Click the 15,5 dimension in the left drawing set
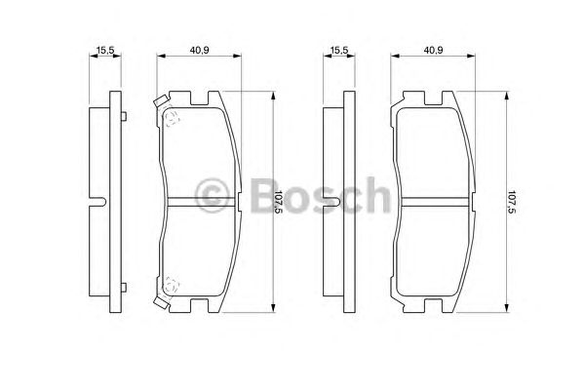click(x=101, y=46)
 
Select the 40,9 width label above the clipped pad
click(x=197, y=46)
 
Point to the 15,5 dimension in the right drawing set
click(x=339, y=46)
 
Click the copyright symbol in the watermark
click(x=214, y=199)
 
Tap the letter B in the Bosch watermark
click(x=260, y=199)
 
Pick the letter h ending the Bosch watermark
click(x=376, y=197)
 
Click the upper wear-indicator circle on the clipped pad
click(x=173, y=119)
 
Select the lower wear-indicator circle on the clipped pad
click(x=173, y=285)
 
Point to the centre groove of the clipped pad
click(x=195, y=202)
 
